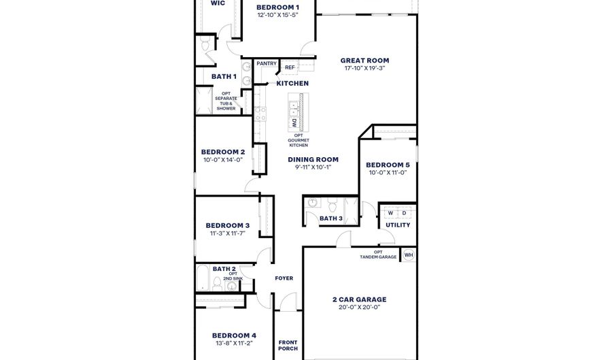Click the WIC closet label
click(218, 3)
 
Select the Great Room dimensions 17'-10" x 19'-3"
click(364, 68)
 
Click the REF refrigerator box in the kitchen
click(290, 67)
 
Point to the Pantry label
click(267, 64)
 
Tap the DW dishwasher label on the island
click(294, 123)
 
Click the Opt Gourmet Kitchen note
click(299, 140)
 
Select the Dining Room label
click(313, 160)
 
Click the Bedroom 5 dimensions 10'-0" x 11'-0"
click(388, 173)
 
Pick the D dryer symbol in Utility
click(404, 213)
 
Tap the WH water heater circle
click(408, 255)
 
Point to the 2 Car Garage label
click(359, 299)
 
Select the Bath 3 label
click(330, 218)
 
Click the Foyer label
click(284, 278)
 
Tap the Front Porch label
click(288, 345)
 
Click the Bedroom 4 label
click(234, 336)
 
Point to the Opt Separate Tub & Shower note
click(226, 101)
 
